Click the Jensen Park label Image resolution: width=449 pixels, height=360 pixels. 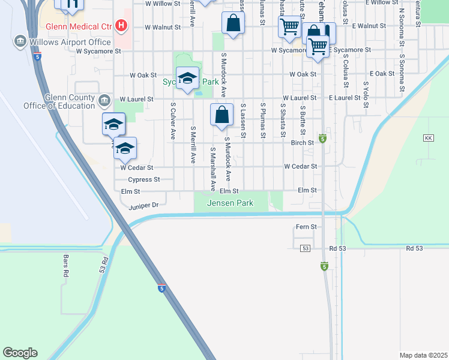230,203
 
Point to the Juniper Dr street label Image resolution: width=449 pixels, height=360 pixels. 143,205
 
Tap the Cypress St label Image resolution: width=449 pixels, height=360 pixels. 143,179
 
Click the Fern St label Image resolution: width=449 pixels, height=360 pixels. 306,227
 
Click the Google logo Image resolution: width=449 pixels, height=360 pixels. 20,353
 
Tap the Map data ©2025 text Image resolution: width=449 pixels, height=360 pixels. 423,355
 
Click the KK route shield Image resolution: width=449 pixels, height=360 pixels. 428,138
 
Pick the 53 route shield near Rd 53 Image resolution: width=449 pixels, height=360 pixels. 306,248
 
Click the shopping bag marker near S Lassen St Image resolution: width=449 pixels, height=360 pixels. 221,115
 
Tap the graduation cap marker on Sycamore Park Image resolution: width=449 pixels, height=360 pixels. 187,79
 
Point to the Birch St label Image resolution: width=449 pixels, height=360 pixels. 302,143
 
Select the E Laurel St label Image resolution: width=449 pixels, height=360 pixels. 343,98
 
